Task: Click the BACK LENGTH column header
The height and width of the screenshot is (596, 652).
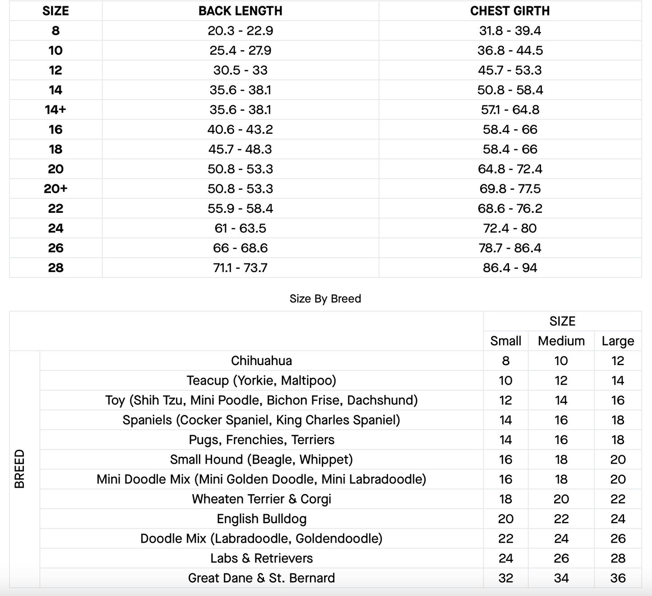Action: (240, 11)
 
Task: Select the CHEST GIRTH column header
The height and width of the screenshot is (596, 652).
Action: (510, 11)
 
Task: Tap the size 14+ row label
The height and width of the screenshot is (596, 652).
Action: (55, 110)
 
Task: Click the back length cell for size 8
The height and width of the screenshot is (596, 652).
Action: (240, 31)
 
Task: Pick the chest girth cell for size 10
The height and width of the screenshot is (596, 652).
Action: (510, 51)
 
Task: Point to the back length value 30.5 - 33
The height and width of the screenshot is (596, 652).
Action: (240, 70)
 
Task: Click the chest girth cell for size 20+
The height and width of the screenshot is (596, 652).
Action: (510, 189)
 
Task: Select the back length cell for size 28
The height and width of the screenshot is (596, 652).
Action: (240, 268)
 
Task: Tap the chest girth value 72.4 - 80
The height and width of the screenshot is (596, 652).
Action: (510, 228)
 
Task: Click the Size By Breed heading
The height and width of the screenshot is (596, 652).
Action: (325, 299)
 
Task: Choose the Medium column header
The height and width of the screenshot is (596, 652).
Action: (561, 341)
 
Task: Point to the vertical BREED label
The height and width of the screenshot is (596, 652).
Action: (20, 469)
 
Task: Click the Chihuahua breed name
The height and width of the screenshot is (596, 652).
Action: (261, 361)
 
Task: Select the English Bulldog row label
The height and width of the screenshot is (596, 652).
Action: (261, 519)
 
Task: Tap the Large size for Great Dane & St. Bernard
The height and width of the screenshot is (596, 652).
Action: (618, 578)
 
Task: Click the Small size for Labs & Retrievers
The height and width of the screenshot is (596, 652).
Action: (505, 558)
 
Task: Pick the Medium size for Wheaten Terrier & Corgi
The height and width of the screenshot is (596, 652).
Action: (561, 499)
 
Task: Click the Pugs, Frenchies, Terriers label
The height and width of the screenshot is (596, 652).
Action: (261, 440)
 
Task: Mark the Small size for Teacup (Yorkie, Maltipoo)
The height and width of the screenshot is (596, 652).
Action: (505, 381)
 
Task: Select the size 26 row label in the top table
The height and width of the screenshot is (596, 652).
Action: (55, 248)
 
